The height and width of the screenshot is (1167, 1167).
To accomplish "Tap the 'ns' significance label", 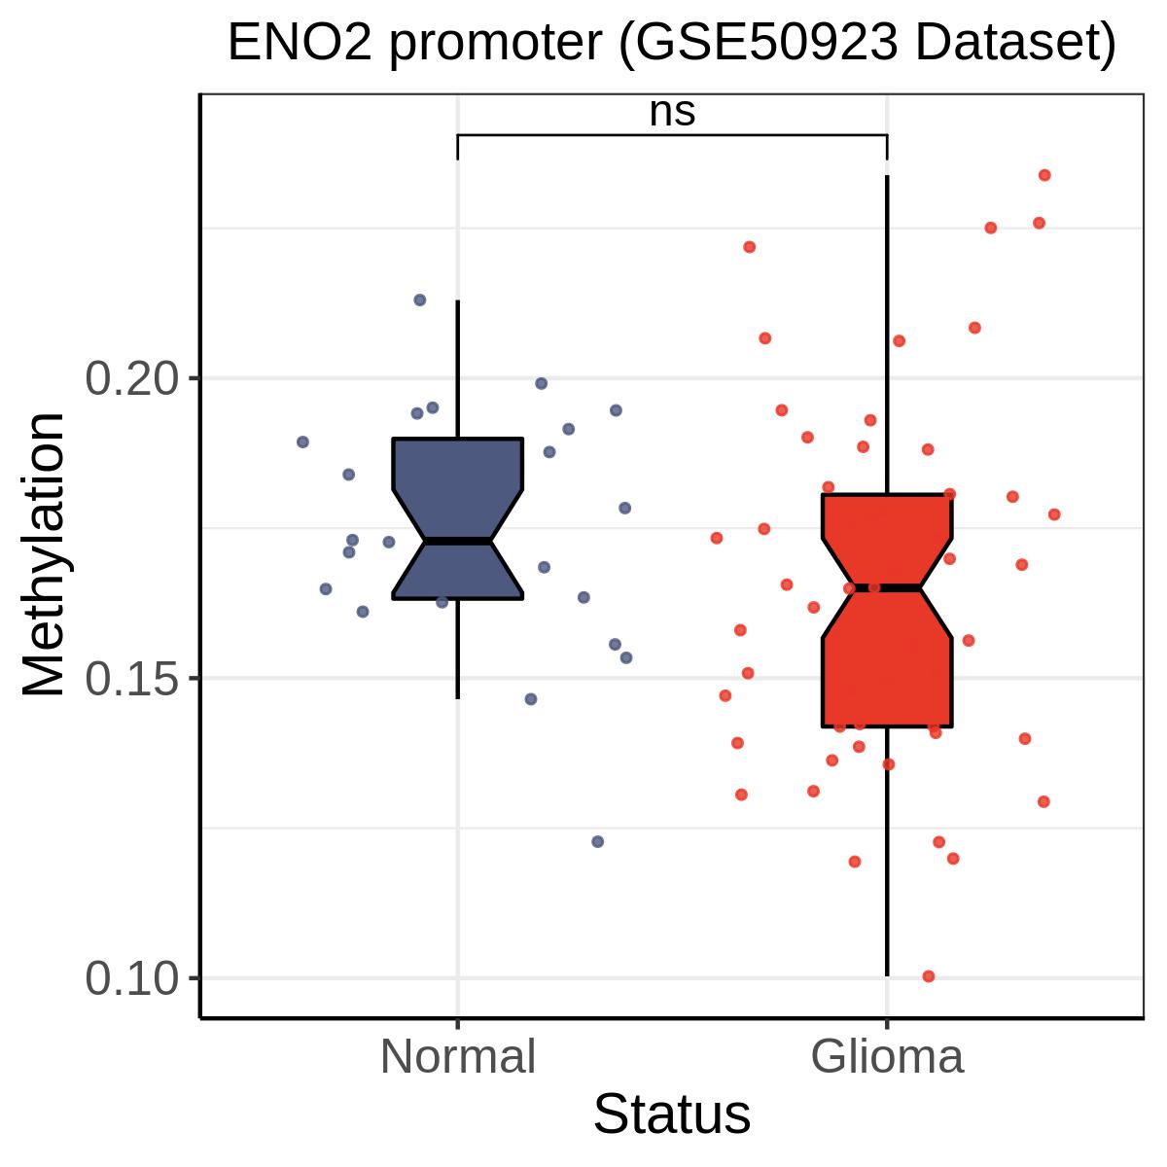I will (672, 112).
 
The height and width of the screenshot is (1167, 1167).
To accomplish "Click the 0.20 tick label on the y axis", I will (134, 378).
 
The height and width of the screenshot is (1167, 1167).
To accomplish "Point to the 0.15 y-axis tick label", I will (134, 678).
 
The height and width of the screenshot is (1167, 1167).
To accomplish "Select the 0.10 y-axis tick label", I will (134, 977).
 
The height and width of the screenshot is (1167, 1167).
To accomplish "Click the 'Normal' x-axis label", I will (458, 1056).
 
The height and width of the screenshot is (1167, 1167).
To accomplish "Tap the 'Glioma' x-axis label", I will (887, 1056).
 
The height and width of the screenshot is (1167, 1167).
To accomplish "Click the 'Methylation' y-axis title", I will (44, 554).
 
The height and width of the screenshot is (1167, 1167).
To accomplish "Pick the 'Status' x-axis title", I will (672, 1114).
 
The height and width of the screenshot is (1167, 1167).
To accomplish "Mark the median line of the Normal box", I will (458, 541).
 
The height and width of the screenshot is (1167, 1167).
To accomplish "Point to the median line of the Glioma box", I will (887, 587).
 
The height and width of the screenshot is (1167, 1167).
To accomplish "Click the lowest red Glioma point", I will (929, 976).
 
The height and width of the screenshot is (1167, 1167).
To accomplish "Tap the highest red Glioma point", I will (1044, 175).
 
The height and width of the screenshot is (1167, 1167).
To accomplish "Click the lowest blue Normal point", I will (598, 841).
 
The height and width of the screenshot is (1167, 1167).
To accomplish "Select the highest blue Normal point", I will (420, 300).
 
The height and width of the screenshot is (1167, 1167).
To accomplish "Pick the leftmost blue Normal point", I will (302, 442).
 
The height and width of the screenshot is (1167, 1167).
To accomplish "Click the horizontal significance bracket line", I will (672, 134).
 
